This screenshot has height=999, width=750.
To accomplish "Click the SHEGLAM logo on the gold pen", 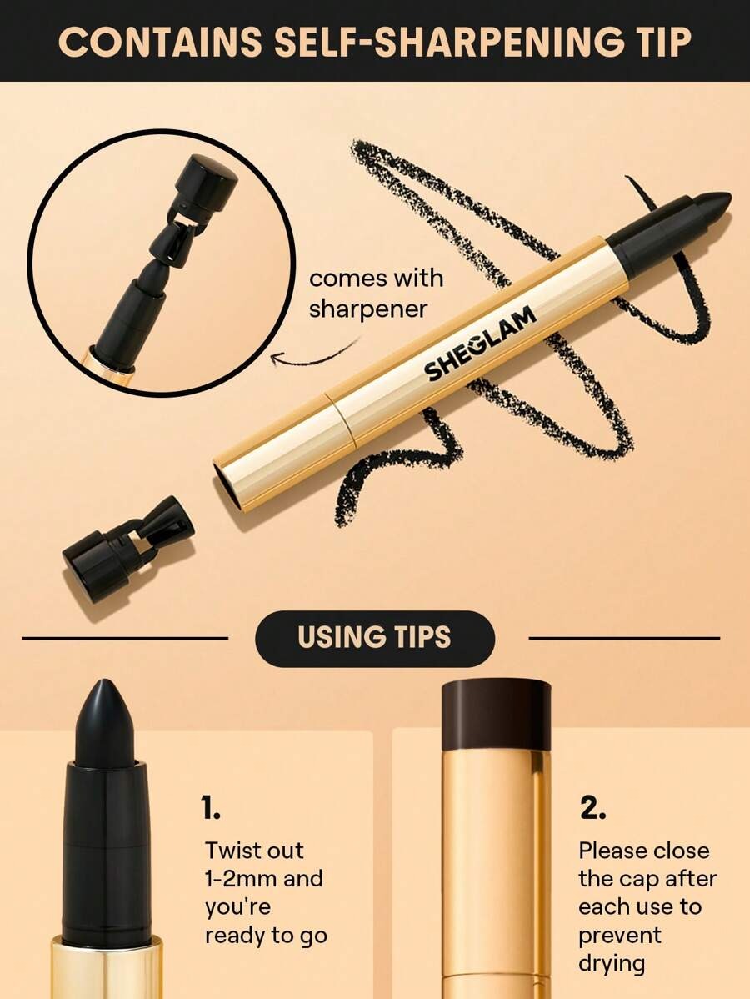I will [480, 344].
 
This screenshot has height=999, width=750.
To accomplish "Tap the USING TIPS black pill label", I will [375, 638].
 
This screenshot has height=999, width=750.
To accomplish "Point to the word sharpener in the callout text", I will [367, 309].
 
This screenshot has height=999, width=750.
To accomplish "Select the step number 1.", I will [211, 807].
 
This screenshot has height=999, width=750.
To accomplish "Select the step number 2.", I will [592, 807].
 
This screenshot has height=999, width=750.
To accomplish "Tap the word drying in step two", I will [612, 963].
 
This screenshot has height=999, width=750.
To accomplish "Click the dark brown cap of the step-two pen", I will [496, 714].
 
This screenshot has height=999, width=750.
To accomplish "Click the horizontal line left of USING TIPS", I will [125, 638].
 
